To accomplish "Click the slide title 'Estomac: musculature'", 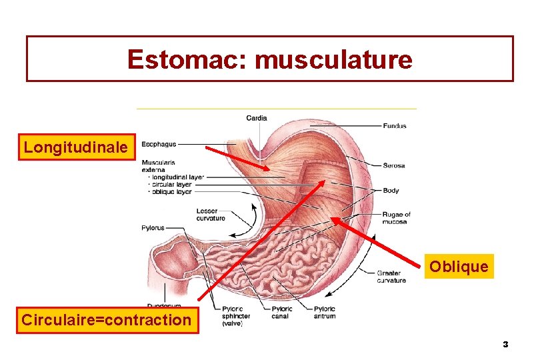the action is (269, 59).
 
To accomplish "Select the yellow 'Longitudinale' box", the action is (75, 147).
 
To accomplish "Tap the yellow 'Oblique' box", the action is (459, 267).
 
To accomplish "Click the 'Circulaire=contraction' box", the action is (107, 320).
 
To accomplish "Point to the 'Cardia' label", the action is (257, 118).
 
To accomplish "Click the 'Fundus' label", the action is (395, 125).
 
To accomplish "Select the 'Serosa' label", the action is (394, 165).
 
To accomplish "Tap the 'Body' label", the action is (391, 191).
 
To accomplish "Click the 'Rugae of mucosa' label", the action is (397, 218).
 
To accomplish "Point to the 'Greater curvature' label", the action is (391, 277).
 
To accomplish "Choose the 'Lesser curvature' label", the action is (211, 215).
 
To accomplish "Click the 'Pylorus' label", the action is (153, 228).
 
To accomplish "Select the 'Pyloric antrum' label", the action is (325, 313).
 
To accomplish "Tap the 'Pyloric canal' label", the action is (282, 313).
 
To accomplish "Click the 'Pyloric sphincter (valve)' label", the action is (235, 316).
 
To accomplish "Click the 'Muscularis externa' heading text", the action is (159, 165).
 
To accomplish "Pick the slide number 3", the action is (505, 345).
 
